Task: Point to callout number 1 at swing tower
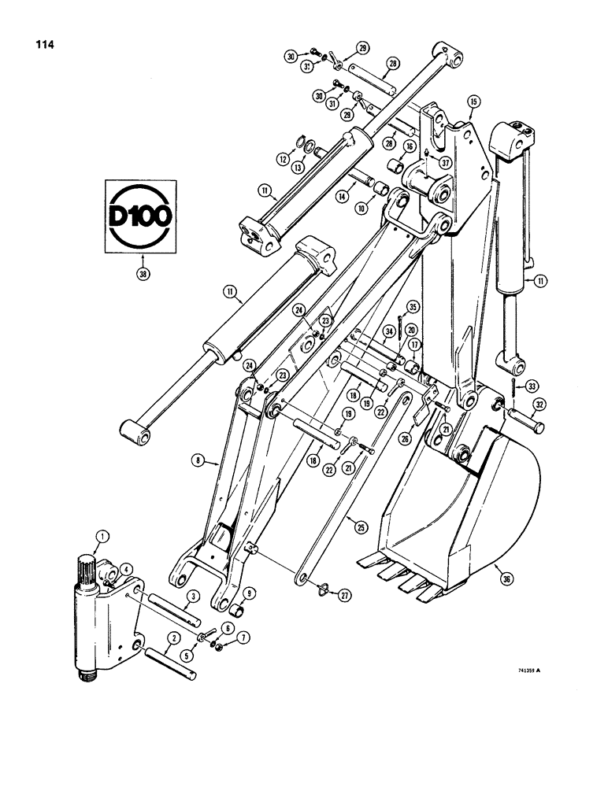101,538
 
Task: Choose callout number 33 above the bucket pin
532,386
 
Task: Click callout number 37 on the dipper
445,163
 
